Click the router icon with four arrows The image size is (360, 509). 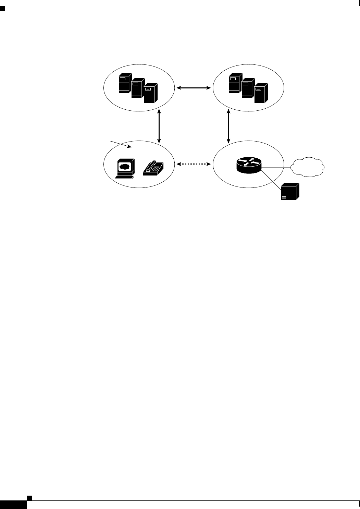pos(249,166)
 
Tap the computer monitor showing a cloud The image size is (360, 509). pos(124,167)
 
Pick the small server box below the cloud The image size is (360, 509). pos(290,192)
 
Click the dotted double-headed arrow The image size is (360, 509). pos(193,164)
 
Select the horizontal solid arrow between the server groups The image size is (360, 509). pos(194,88)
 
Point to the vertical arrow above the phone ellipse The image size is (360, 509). pos(159,126)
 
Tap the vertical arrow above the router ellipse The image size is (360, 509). pos(229,126)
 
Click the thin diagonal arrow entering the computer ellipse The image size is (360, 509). pos(120,144)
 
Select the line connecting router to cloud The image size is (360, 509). pos(276,168)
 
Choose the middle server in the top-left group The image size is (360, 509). pos(137,88)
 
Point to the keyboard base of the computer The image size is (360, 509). pos(124,177)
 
